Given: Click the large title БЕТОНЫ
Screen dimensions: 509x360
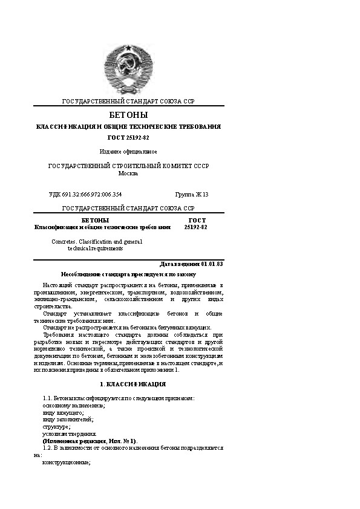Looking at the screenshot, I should point(128,115).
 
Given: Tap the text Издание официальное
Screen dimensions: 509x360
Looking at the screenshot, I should point(128,151).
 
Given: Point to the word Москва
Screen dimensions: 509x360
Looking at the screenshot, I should point(128,173).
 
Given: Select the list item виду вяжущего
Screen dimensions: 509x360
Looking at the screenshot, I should point(62,412).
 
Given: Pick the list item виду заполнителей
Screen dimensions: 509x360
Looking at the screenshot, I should point(67,419).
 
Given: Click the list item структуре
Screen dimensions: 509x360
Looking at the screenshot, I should point(57,426).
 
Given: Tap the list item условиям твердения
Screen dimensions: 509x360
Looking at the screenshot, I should point(69,433).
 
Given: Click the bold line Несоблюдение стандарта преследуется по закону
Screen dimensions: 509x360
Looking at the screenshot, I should point(128,274).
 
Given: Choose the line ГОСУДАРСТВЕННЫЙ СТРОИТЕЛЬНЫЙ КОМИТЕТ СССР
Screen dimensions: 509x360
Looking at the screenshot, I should point(128,166).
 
